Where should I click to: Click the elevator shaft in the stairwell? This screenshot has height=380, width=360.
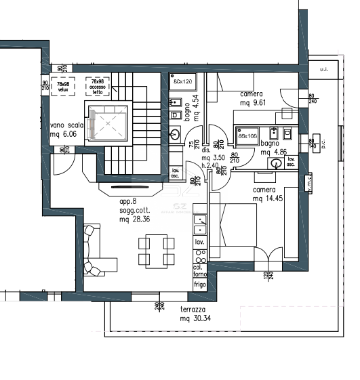tap(106, 122)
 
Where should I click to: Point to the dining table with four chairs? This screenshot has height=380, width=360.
tap(153, 251)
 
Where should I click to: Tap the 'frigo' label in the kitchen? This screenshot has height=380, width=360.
tap(199, 285)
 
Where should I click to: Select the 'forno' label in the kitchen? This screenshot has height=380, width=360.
tap(199, 274)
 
